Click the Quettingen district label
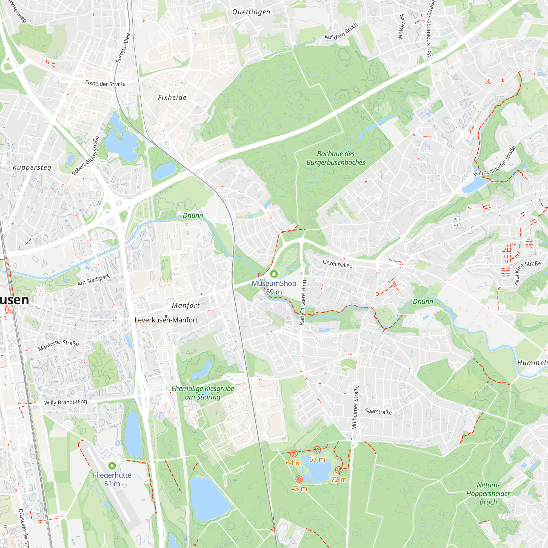(251, 12)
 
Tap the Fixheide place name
(172, 98)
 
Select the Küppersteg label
(32, 167)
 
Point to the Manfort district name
(186, 306)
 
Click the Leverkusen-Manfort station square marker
(166, 316)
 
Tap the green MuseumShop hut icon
(274, 274)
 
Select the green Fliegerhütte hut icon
(112, 466)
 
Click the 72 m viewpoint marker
(339, 470)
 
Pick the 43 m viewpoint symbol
(299, 479)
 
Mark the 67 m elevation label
(317, 459)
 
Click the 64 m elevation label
(293, 463)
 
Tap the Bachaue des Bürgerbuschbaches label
(336, 158)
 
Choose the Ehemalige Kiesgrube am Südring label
(202, 393)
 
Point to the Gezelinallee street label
(338, 264)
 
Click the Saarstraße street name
(378, 411)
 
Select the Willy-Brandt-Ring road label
(65, 402)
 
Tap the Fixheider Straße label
(105, 83)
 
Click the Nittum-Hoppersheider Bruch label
(488, 493)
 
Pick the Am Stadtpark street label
(94, 280)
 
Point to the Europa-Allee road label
(123, 48)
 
